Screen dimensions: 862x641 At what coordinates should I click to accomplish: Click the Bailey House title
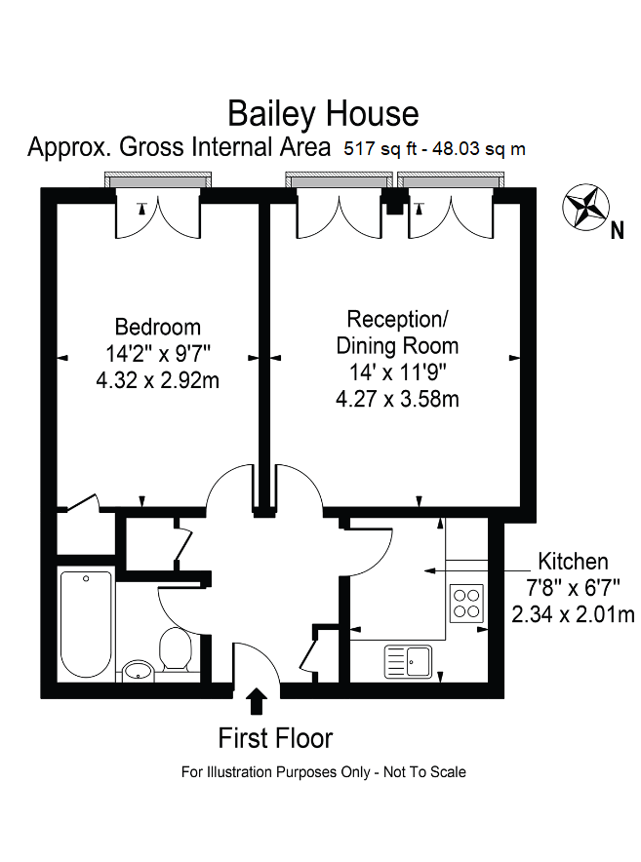click(x=323, y=114)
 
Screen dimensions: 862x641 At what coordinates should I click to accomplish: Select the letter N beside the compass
click(x=616, y=231)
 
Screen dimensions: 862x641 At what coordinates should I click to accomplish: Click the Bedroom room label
click(x=157, y=327)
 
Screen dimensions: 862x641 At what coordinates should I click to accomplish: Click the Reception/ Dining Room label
click(x=397, y=332)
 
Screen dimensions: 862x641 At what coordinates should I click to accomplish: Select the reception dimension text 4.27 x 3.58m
click(x=397, y=399)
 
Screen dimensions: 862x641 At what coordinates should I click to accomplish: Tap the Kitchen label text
click(x=574, y=562)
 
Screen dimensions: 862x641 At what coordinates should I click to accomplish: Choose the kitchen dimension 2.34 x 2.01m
click(x=574, y=614)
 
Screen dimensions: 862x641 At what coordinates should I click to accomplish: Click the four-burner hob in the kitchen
click(x=466, y=603)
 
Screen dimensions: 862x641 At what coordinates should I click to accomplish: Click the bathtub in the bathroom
click(x=86, y=624)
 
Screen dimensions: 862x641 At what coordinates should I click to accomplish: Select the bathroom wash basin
click(x=138, y=670)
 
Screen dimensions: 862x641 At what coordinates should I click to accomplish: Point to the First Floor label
click(x=275, y=738)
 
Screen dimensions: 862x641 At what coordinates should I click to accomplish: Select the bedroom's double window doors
click(x=157, y=215)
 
